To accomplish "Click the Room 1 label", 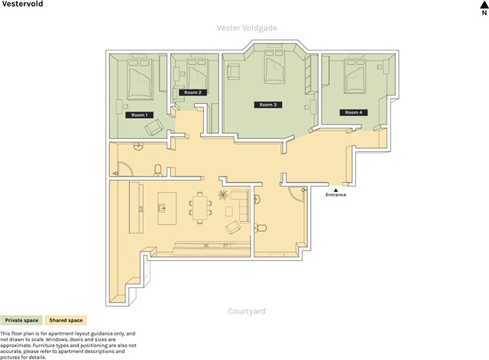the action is [x=139, y=115].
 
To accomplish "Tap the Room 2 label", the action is [x=193, y=92].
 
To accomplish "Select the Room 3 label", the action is [x=268, y=105].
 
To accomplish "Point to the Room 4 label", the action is [x=354, y=112].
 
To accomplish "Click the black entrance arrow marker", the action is [x=335, y=190].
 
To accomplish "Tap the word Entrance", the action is [x=336, y=195].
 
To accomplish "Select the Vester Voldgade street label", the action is [x=247, y=28].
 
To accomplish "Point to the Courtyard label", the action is [x=247, y=311].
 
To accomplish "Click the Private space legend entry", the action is [x=21, y=320].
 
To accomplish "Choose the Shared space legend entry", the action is [x=66, y=320].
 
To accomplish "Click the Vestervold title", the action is [x=22, y=4].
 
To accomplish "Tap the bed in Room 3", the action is [x=275, y=66].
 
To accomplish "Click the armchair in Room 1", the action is [x=154, y=128].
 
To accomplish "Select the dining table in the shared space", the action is [x=199, y=207].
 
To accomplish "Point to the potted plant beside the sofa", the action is [x=223, y=195].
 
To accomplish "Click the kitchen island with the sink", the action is [x=167, y=209].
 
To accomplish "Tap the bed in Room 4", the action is [x=355, y=76].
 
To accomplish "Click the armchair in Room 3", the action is [x=233, y=72].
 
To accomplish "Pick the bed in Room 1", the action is [x=140, y=79].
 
